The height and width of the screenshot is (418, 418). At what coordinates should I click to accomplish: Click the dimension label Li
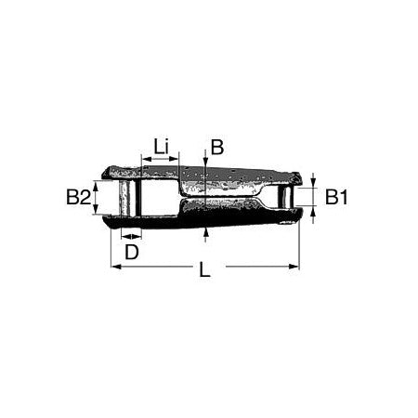click(x=161, y=147)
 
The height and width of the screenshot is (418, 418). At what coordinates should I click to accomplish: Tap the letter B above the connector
click(x=216, y=147)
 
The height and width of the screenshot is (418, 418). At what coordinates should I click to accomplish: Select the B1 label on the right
click(x=336, y=197)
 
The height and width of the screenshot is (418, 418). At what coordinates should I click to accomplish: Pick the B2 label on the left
click(x=78, y=197)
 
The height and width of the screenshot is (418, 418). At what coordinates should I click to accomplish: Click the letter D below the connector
click(x=132, y=252)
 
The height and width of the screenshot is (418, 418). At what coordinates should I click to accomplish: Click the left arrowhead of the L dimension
click(x=115, y=268)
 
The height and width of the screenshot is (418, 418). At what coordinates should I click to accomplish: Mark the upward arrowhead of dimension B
click(x=204, y=232)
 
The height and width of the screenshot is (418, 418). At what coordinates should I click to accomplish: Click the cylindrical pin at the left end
click(x=128, y=196)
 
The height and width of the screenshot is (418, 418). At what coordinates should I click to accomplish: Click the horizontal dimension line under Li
click(x=160, y=161)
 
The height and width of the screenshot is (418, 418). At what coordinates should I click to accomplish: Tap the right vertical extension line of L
click(x=299, y=246)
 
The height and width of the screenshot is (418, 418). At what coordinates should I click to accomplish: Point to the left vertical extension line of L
click(x=111, y=246)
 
